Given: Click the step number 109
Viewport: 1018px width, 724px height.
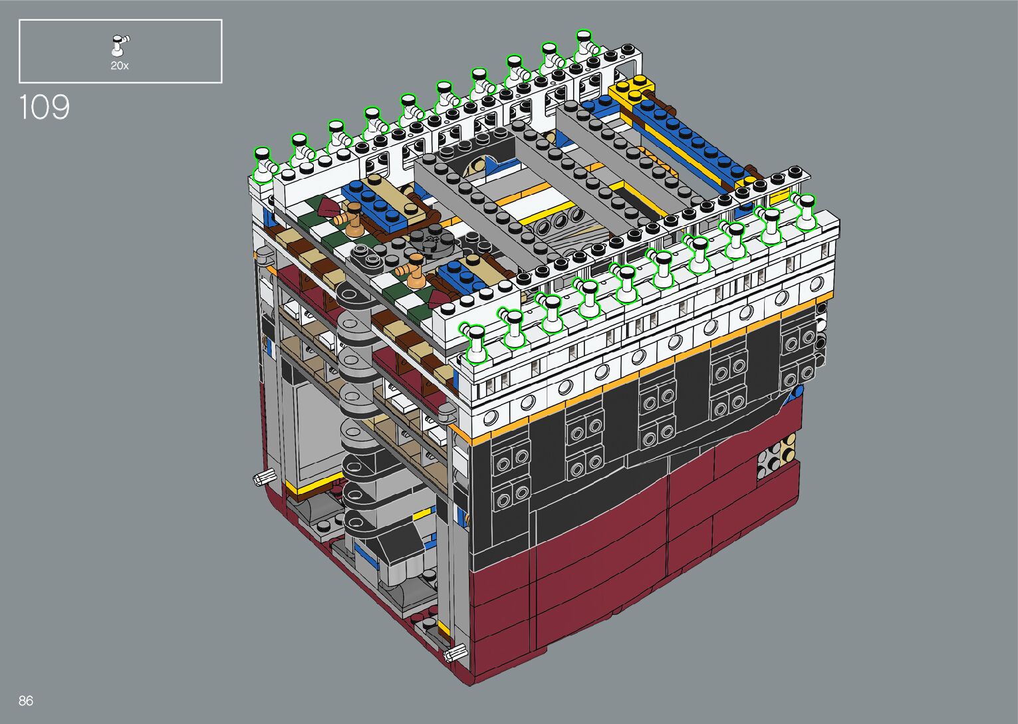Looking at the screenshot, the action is [45, 107].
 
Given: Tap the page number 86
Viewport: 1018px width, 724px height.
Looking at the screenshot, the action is [26, 700].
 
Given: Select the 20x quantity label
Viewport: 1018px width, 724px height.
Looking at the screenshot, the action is [120, 66].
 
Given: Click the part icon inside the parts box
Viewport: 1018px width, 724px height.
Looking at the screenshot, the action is [120, 45].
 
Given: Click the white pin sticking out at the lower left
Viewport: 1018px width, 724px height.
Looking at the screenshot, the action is [264, 477].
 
